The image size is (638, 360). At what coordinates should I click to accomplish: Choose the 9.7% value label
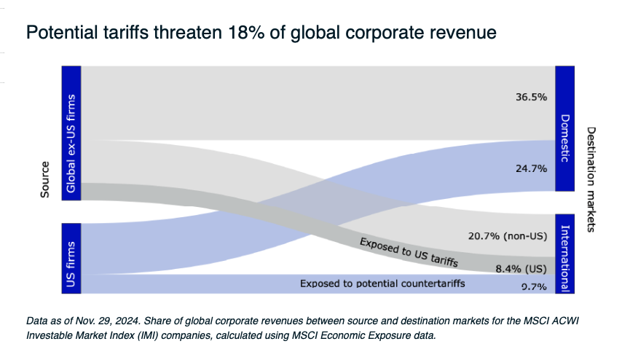click(x=534, y=287)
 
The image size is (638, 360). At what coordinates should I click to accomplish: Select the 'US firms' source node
click(x=71, y=258)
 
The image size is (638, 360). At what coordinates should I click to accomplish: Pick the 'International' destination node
click(x=565, y=254)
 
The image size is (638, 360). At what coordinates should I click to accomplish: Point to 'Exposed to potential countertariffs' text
click(x=382, y=283)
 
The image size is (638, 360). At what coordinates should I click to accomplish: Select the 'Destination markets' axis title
click(x=591, y=179)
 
